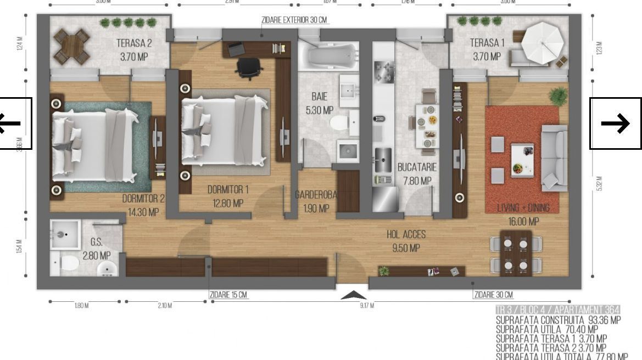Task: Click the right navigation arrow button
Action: pyautogui.click(x=615, y=123)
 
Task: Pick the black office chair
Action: pyautogui.click(x=249, y=68)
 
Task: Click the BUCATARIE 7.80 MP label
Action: pyautogui.click(x=417, y=173)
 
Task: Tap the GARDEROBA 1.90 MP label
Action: pyautogui.click(x=316, y=201)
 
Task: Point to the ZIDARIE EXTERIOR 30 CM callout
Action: pyautogui.click(x=294, y=20)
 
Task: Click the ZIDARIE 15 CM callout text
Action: pyautogui.click(x=228, y=295)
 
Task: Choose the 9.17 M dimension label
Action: pyautogui.click(x=367, y=306)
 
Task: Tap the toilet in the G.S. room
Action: pyautogui.click(x=69, y=263)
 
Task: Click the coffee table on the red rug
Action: pyautogui.click(x=522, y=160)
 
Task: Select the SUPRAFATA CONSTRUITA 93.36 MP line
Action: pyautogui.click(x=558, y=320)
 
